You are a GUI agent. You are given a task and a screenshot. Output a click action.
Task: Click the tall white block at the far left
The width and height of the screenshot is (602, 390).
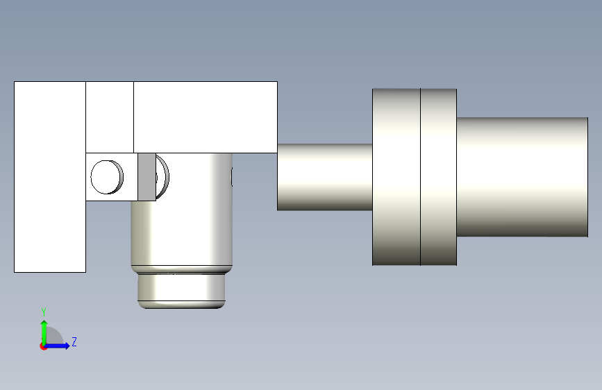(x=50, y=176)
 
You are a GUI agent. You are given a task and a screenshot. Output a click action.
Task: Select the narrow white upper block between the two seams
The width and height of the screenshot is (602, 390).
(x=110, y=117)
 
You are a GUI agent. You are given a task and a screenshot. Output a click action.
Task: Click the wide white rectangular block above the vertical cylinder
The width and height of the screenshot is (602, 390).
(x=206, y=117)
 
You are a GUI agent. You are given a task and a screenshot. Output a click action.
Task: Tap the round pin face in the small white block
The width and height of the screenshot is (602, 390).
(x=106, y=177)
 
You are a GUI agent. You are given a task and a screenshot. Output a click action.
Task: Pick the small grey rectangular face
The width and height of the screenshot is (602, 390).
(x=147, y=177)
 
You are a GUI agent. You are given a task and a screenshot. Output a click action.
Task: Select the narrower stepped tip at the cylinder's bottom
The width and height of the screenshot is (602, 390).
(x=181, y=291)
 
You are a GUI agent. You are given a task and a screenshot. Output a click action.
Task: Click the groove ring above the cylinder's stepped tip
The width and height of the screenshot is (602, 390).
(x=182, y=269)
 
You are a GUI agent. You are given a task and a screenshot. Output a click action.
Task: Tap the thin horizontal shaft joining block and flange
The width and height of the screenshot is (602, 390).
(x=325, y=177)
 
